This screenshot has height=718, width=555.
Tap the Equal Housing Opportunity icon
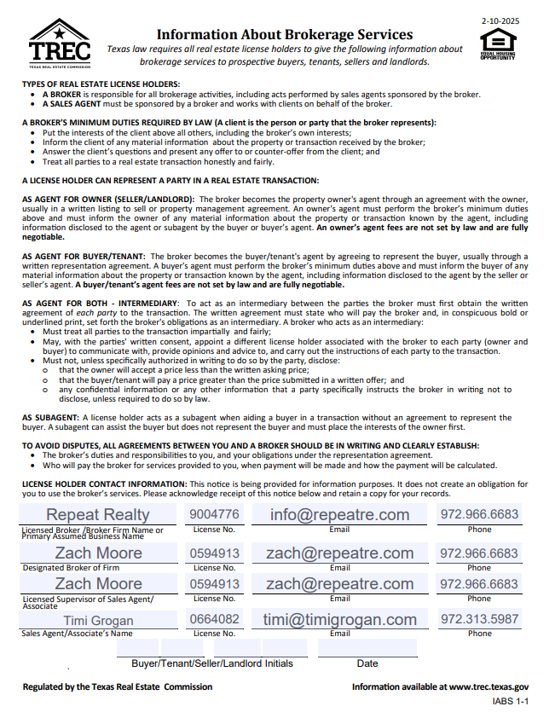point(497,43)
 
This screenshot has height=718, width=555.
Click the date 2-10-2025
point(500,20)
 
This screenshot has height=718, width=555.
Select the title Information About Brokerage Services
point(285,35)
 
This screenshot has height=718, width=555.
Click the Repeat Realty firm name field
point(97,515)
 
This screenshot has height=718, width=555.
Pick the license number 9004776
point(215,514)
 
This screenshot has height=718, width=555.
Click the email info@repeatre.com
point(339,514)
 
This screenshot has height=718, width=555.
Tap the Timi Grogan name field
point(97,620)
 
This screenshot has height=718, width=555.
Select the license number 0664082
point(215,619)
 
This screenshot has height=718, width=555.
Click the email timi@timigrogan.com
point(339,620)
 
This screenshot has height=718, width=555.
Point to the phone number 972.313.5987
point(479,619)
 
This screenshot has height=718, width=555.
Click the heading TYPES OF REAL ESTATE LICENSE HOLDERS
point(101,83)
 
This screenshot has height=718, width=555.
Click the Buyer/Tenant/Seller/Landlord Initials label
point(212,663)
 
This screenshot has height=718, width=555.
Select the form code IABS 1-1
point(511,701)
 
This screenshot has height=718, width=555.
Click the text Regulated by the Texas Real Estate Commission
point(118,686)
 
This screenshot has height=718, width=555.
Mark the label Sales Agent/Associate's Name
point(77,634)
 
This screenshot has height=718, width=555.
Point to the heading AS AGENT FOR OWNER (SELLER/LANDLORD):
point(107,198)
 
